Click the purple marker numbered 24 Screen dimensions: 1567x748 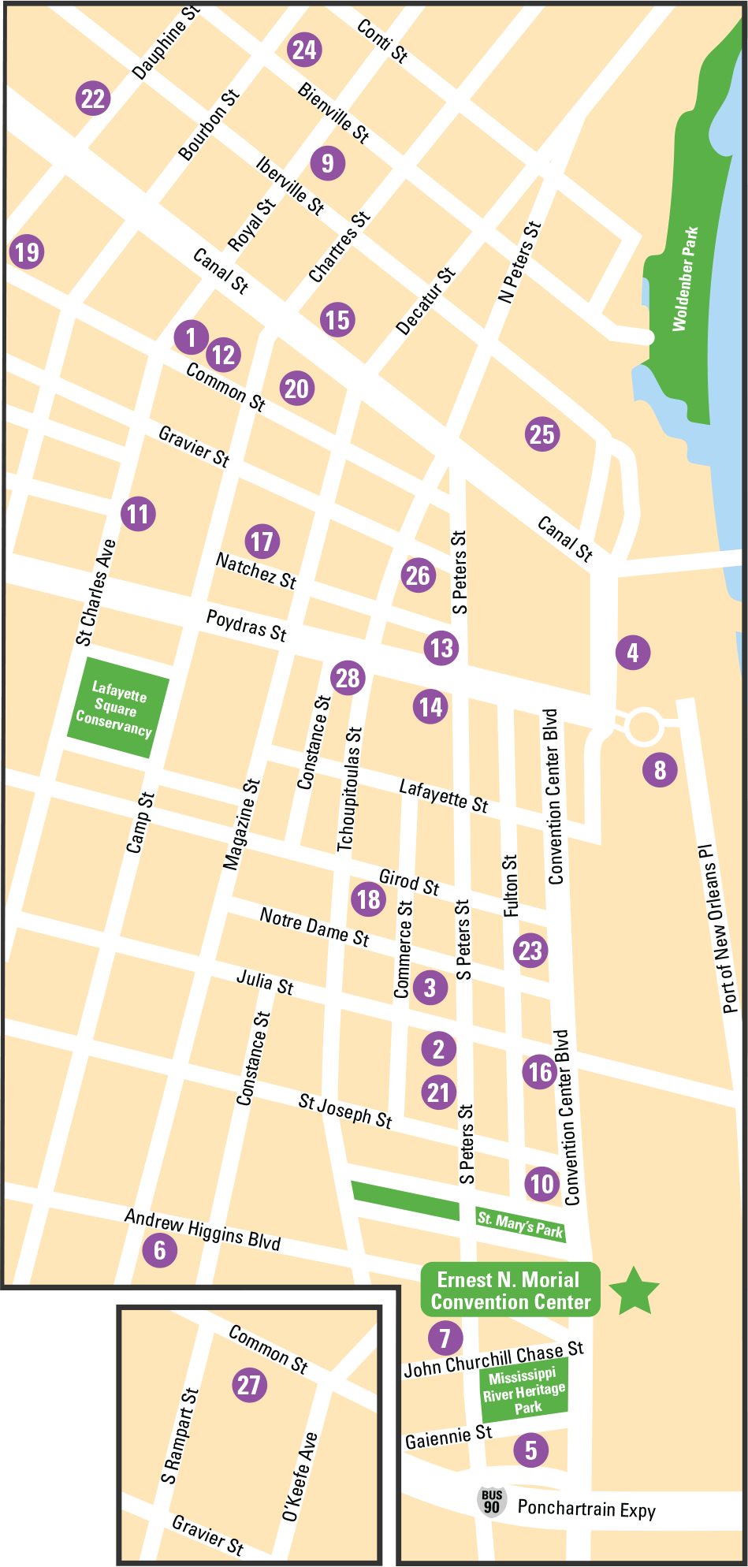pyautogui.click(x=304, y=50)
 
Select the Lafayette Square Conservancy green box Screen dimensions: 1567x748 pyautogui.click(x=117, y=707)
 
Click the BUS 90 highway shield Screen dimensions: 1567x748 pyautogui.click(x=492, y=1502)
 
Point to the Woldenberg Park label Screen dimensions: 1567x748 pyautogui.click(x=685, y=279)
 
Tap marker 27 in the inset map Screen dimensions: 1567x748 pyautogui.click(x=249, y=1385)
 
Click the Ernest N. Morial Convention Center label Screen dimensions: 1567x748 pyautogui.click(x=511, y=1290)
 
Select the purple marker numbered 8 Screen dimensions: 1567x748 pyautogui.click(x=660, y=769)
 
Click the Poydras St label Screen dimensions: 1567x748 pyautogui.click(x=246, y=625)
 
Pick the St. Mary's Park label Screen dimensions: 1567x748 pyautogui.click(x=520, y=1224)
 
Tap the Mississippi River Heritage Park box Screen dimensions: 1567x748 pyautogui.click(x=524, y=1392)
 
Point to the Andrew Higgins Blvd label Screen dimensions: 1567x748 pyautogui.click(x=203, y=1229)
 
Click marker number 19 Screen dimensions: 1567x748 pyautogui.click(x=27, y=252)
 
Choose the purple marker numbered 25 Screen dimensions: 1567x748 pyautogui.click(x=542, y=434)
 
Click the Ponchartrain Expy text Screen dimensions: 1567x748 pyautogui.click(x=586, y=1509)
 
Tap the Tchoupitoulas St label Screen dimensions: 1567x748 pyautogui.click(x=349, y=788)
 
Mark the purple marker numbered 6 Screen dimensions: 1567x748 pyautogui.click(x=160, y=1249)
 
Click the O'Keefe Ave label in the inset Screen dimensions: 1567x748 pyautogui.click(x=300, y=1476)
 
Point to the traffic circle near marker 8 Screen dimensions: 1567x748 pyautogui.click(x=642, y=727)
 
